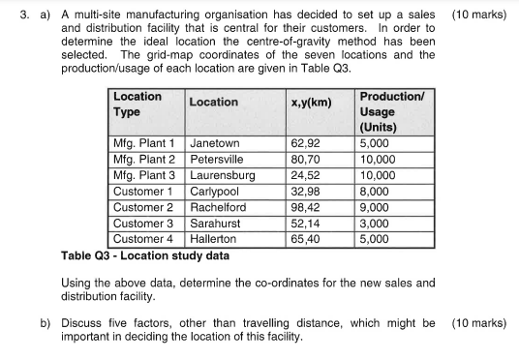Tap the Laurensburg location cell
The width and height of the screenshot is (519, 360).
tap(223, 176)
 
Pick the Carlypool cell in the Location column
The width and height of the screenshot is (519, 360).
tap(216, 192)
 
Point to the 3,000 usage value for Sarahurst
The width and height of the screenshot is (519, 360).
tap(376, 223)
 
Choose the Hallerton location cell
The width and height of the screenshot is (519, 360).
tap(213, 238)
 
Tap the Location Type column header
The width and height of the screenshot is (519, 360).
tap(137, 105)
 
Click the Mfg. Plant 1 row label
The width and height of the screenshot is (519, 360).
tap(144, 144)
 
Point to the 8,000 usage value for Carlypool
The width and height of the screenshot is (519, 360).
tap(376, 192)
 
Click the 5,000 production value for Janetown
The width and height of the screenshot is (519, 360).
tap(376, 144)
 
